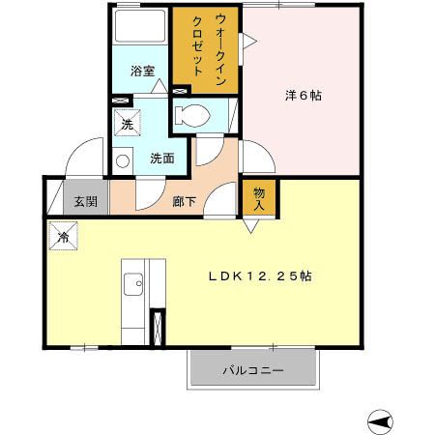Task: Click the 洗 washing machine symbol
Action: (x=126, y=123)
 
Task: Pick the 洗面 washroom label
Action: (x=161, y=158)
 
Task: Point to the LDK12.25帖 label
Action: (x=260, y=275)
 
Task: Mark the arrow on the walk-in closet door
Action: (x=248, y=40)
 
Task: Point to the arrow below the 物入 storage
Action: (x=250, y=227)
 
